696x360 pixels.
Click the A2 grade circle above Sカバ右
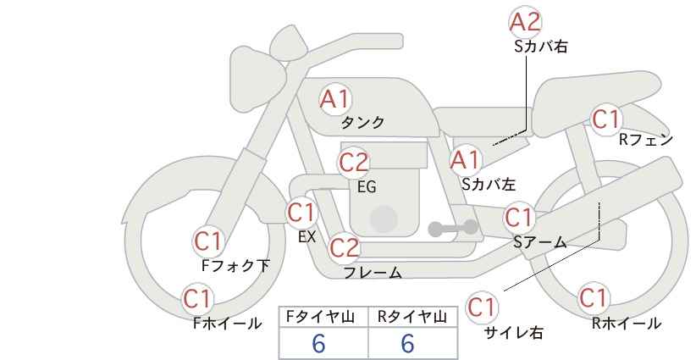(x=526, y=21)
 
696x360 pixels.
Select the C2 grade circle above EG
(x=354, y=161)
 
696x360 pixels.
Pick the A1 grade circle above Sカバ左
(x=465, y=159)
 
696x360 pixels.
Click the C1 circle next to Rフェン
(x=605, y=119)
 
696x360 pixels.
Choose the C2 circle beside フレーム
(x=344, y=247)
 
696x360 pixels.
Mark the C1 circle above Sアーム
(x=518, y=218)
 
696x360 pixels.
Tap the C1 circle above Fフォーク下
(x=208, y=241)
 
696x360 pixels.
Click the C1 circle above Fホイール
(x=197, y=298)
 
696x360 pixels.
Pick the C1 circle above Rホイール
(x=594, y=298)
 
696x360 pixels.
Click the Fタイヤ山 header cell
(x=323, y=317)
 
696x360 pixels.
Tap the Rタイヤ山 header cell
(x=412, y=317)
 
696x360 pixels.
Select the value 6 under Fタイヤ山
(x=319, y=344)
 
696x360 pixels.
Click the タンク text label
(x=362, y=123)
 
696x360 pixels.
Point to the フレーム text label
(x=373, y=273)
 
